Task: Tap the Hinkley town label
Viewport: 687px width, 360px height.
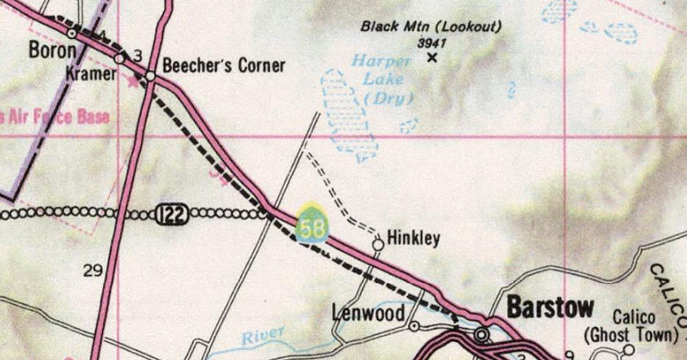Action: tap(414, 238)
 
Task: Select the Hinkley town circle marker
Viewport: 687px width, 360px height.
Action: tap(379, 243)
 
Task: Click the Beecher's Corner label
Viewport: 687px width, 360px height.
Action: tap(224, 65)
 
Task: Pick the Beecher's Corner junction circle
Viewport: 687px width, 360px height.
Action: tap(151, 76)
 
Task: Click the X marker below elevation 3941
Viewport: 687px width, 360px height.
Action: tap(432, 58)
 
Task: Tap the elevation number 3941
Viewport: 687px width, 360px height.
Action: tap(432, 42)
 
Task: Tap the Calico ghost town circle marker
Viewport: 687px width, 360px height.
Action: tap(628, 350)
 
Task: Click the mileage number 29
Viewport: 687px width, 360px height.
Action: tap(92, 270)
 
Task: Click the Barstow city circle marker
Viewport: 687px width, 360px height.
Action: tap(481, 334)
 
